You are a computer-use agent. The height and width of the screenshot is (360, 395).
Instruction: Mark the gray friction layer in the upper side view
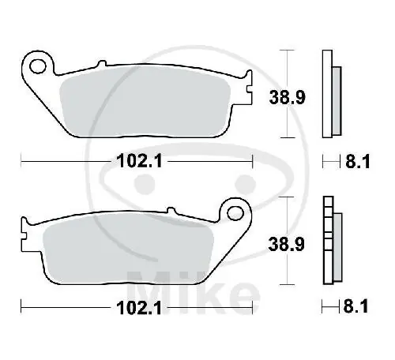[336, 100]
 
